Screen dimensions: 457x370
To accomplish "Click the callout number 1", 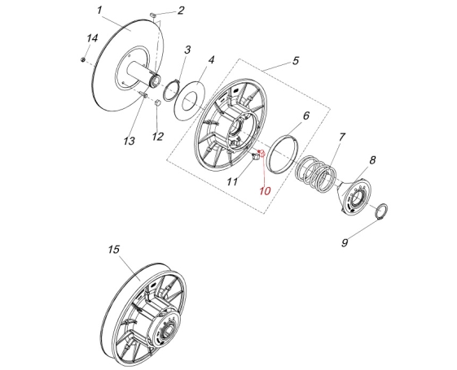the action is coord(99,11).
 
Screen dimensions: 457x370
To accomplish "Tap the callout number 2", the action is coord(181,11).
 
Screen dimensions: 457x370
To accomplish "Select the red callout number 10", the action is coord(265,191).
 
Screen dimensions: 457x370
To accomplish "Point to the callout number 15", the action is coord(114,250).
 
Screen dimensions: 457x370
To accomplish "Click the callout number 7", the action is coord(341,137).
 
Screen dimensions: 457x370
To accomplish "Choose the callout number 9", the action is coord(345,242).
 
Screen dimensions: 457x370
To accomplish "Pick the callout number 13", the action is coord(129,141).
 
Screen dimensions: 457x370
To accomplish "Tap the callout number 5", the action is coord(296,61).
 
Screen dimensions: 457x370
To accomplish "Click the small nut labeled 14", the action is coord(83,59).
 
